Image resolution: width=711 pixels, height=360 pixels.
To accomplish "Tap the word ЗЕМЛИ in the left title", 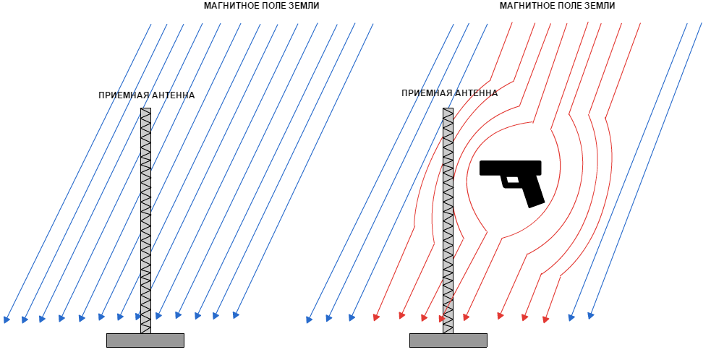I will [302, 6].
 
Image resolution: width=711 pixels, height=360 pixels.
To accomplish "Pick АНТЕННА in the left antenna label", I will [171, 95].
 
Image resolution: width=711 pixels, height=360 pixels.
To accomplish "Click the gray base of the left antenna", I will [145, 340].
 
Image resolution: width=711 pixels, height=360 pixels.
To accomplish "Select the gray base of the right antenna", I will [448, 340].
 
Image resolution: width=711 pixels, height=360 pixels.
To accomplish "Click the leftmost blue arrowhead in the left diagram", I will [7, 319].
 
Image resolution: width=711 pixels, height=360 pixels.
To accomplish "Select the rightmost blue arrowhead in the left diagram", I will [235, 314].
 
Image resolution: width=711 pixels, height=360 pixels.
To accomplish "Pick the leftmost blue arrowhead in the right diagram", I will [310, 319].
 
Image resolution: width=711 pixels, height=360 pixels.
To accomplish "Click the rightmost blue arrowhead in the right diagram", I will [590, 315].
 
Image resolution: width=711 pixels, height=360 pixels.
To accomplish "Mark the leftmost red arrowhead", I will [376, 317].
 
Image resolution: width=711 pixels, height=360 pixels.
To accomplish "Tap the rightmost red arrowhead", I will [545, 319].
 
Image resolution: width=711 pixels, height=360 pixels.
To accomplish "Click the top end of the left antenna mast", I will [145, 110].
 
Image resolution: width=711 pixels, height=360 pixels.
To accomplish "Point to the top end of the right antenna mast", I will [448, 110].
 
